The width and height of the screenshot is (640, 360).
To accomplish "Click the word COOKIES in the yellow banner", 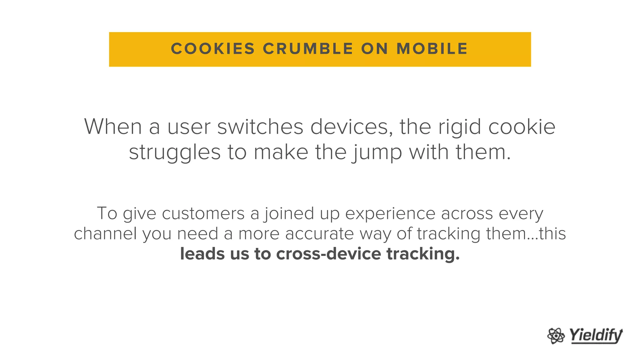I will pos(213,49).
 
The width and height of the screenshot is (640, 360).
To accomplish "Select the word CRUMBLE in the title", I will pos(308,49).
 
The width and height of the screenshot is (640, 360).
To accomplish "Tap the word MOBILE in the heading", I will pos(432,49).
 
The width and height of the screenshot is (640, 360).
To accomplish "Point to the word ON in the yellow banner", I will pos(375,49).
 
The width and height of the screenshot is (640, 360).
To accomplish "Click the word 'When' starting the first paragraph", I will pos(113,127).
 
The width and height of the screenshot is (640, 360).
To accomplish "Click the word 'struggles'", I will pos(175,153).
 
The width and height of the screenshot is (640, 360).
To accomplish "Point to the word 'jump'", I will pos(377,153).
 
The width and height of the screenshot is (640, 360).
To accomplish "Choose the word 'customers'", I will pos(203,214).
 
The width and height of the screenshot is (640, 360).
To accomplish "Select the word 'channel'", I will pos(105,234).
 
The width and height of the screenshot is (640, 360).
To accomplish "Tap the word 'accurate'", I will pos(319,234).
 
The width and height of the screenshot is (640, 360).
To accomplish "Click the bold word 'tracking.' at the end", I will pos(423,254).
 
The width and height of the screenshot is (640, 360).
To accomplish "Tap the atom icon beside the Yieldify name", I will pos(556,336).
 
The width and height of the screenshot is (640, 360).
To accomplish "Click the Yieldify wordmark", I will pos(596,336).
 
